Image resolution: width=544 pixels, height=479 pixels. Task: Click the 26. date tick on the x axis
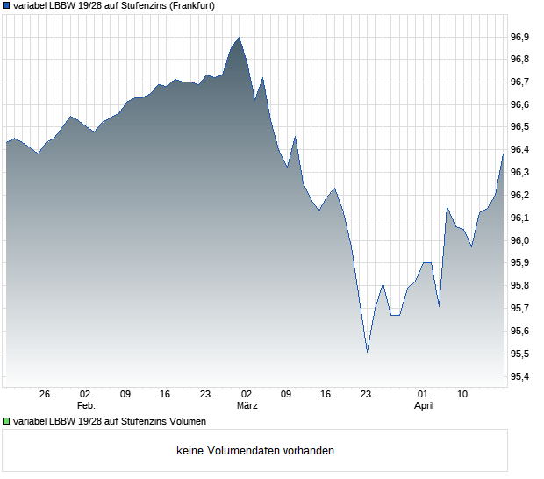click(x=47, y=394)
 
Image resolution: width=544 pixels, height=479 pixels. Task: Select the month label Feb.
click(x=86, y=405)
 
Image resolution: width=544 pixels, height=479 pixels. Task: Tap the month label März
click(x=247, y=405)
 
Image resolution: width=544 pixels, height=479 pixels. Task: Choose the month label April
click(x=424, y=405)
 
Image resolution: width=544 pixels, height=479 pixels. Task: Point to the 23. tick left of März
click(x=206, y=394)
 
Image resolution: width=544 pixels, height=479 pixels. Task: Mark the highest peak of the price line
click(x=239, y=38)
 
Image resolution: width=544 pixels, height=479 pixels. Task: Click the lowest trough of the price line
click(x=367, y=352)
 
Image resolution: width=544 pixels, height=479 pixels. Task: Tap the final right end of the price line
click(x=503, y=154)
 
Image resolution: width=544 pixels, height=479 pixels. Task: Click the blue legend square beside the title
click(x=7, y=5)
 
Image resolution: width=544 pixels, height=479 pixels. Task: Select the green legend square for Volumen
click(x=7, y=421)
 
